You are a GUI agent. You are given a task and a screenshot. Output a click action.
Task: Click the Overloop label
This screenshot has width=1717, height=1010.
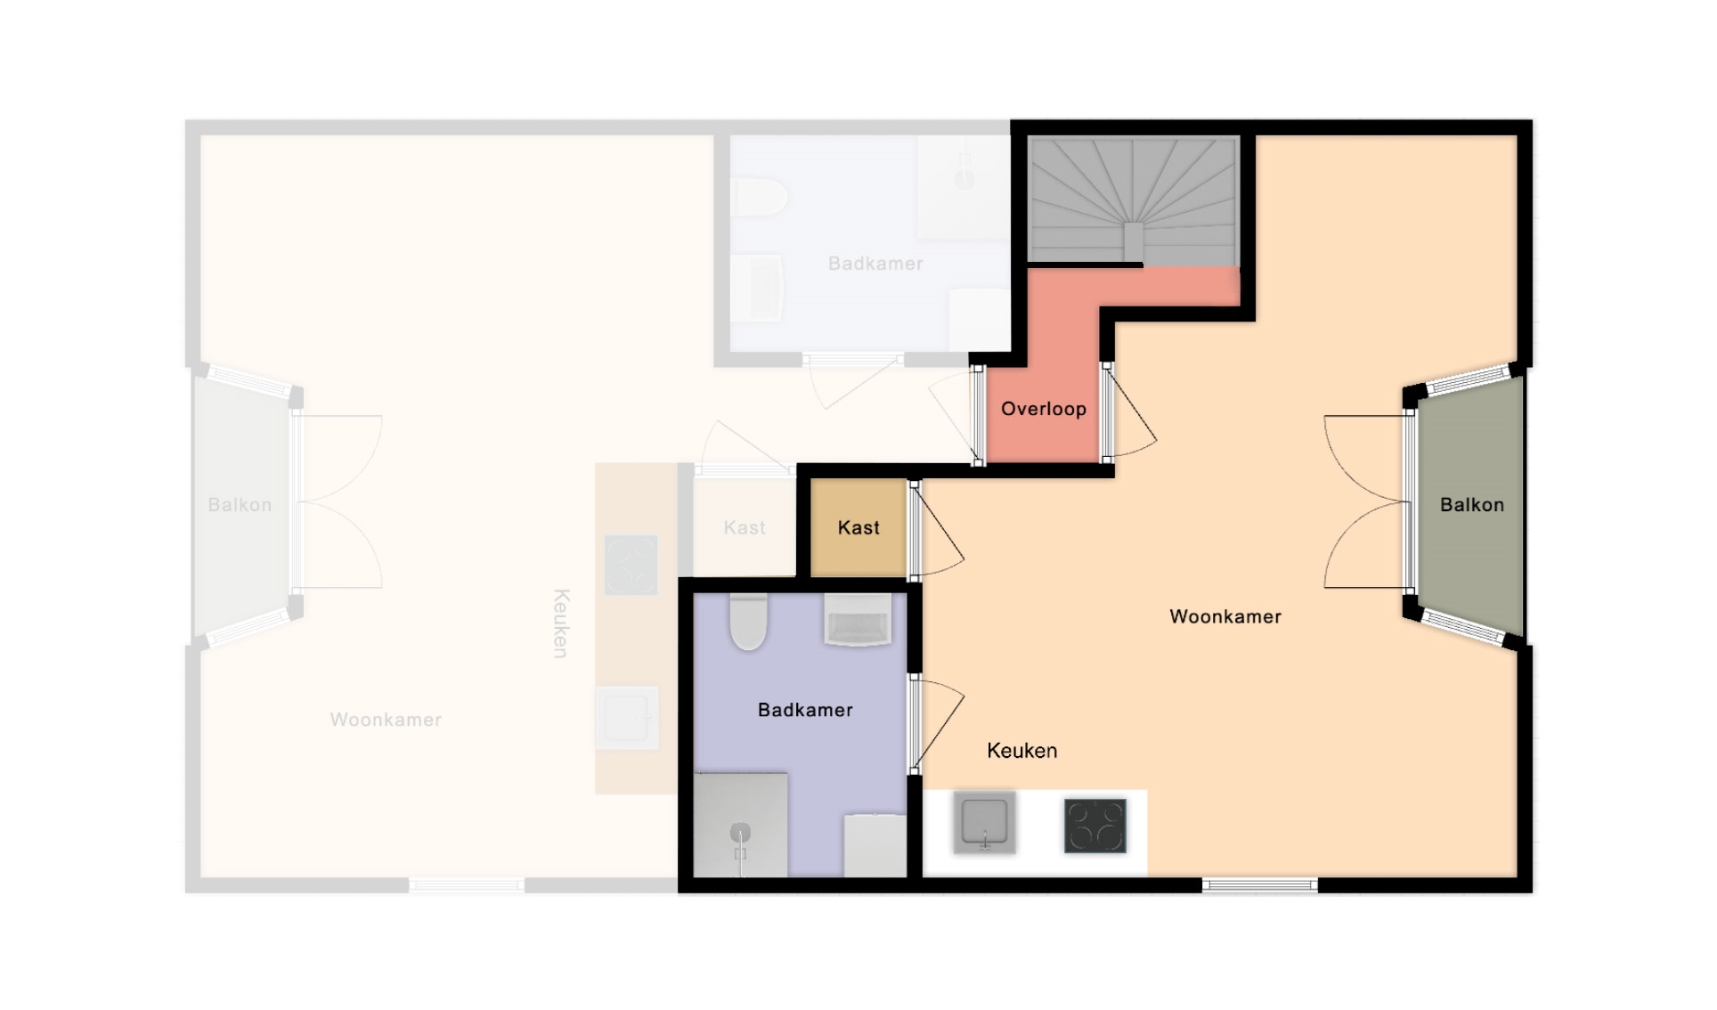pos(1043,410)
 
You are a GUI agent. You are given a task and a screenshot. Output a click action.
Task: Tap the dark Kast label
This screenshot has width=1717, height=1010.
pos(858,528)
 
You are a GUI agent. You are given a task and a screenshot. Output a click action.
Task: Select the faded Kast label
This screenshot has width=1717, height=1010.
pos(745,528)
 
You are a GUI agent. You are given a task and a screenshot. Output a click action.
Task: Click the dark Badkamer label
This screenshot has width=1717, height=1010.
pos(805,710)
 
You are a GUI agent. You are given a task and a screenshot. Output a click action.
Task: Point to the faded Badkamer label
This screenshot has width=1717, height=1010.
pos(875,264)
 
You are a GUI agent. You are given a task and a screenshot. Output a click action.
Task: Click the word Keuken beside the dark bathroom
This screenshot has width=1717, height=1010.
pos(1021,751)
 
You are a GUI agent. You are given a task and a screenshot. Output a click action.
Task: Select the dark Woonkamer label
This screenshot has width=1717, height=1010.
pos(1225,616)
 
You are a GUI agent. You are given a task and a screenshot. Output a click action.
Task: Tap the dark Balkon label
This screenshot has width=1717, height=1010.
pos(1471,505)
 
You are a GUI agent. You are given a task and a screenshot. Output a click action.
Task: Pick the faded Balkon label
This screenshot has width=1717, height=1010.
pos(240,505)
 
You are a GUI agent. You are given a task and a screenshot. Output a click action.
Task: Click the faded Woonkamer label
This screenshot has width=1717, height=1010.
pos(386,720)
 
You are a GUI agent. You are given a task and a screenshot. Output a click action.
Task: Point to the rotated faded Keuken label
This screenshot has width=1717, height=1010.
pos(560,623)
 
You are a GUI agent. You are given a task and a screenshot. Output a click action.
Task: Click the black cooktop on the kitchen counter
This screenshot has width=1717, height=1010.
pos(1095,826)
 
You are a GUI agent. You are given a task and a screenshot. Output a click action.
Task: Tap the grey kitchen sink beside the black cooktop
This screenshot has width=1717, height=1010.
pos(984,822)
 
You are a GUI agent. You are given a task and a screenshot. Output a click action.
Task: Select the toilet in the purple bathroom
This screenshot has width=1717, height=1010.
pos(748,621)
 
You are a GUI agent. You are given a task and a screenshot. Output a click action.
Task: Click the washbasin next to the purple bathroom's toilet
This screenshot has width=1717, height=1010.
pos(858,619)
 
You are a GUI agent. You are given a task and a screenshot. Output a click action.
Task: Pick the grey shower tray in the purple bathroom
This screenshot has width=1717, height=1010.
pos(741,825)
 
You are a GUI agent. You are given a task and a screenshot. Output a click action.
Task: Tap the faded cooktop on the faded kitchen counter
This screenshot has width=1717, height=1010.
pos(631,565)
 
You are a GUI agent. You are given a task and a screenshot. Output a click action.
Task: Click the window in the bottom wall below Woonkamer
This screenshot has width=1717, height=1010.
pos(1260,885)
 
